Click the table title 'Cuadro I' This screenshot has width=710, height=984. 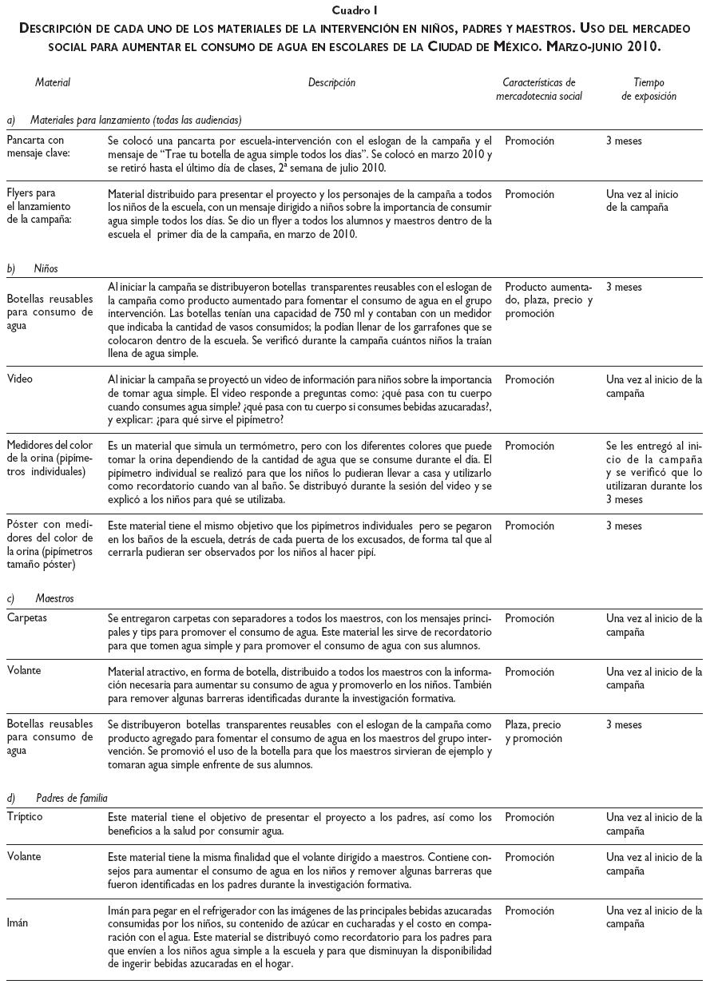pos(355,10)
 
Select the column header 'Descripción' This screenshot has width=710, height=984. pos(331,82)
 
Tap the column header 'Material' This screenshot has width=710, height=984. pos(53,82)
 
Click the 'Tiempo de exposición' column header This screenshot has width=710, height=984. pos(649,89)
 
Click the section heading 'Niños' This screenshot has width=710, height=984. pos(46,268)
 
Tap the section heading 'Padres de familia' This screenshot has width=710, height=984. pos(71,797)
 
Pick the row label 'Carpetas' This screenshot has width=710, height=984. pos(26,618)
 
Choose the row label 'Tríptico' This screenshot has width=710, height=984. pos(24,817)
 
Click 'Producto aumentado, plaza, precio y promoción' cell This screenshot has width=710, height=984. pos(549,300)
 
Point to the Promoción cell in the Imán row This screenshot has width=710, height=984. pos(530,911)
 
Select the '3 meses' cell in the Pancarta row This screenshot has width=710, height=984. pos(624,141)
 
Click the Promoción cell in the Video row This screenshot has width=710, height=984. pos(530,380)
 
